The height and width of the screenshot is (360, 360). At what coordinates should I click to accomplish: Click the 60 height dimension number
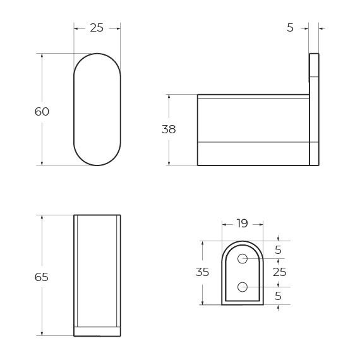click(42, 112)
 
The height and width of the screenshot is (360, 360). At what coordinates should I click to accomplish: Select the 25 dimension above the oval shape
click(97, 28)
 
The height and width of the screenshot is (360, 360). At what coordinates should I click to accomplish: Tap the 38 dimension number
click(169, 129)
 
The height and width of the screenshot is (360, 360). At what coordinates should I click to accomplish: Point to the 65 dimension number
click(42, 277)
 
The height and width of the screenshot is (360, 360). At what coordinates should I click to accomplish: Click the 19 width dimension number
click(242, 224)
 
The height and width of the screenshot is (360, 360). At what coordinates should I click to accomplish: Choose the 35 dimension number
click(202, 272)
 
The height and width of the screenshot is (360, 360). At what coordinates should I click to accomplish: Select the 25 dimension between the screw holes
click(279, 272)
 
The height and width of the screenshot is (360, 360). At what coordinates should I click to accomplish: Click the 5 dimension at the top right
click(290, 28)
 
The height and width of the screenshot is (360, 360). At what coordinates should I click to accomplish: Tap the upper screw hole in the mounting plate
click(243, 258)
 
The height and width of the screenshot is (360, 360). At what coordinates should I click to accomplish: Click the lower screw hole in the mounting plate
click(243, 287)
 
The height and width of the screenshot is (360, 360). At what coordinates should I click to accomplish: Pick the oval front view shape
click(97, 109)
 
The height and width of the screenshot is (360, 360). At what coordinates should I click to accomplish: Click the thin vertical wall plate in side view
click(314, 109)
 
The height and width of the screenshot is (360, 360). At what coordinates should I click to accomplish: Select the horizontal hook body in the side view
click(253, 129)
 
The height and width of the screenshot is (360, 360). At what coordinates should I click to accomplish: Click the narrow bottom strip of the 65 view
click(97, 332)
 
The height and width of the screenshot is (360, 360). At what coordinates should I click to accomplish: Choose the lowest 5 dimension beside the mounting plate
click(279, 296)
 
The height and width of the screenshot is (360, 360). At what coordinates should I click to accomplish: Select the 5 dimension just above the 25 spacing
click(279, 249)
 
